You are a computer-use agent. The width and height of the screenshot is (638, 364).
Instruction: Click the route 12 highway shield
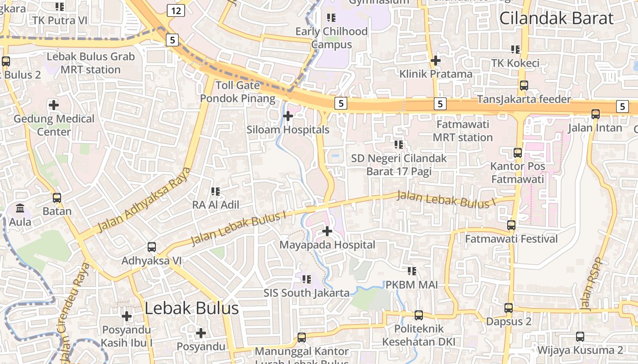175,10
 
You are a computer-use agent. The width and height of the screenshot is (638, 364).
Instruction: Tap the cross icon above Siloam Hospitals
288,116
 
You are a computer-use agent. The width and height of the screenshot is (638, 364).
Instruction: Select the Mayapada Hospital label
327,245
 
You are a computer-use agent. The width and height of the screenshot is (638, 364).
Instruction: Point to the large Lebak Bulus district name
191,308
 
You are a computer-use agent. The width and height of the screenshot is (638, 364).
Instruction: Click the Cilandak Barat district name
556,18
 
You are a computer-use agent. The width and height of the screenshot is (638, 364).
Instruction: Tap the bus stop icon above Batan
57,198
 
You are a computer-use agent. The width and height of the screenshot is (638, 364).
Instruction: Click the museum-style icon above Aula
21,208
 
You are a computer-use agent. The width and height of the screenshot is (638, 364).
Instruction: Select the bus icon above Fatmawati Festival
511,225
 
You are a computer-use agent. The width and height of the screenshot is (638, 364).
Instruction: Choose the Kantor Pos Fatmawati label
518,172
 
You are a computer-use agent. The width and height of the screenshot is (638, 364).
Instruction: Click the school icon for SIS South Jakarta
306,278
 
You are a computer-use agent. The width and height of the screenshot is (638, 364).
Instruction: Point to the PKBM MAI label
412,285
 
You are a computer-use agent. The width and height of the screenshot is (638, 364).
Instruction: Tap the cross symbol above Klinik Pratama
436,60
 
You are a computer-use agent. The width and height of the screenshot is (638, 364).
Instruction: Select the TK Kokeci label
515,63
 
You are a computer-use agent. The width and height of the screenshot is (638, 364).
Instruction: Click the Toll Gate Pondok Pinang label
237,91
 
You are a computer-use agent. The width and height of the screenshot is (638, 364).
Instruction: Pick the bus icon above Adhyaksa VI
152,247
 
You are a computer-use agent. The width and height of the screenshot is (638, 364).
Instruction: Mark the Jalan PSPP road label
592,285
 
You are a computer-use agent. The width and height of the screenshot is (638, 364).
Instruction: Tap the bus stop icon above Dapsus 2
509,308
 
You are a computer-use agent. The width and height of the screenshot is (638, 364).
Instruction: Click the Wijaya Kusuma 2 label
580,350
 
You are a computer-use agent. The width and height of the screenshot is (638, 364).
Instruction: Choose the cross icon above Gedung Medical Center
54,105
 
